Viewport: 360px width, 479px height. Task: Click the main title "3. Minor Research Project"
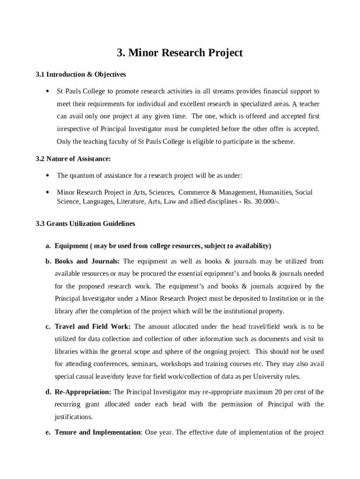point(180,53)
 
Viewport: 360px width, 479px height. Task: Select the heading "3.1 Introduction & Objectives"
point(80,74)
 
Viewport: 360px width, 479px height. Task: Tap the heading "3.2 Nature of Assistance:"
point(73,159)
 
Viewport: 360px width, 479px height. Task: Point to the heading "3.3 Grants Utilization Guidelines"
point(85,224)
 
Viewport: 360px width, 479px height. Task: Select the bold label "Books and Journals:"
point(87,261)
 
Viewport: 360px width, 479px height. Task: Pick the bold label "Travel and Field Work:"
point(93,327)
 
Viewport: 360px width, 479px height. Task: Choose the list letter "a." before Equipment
point(48,246)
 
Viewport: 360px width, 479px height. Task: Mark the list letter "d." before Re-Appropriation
point(48,392)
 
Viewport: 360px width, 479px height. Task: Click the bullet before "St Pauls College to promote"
point(48,91)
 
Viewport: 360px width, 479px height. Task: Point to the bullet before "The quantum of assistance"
point(48,175)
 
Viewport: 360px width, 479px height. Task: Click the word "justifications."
point(73,416)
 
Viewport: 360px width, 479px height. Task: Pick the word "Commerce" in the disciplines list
point(191,192)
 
